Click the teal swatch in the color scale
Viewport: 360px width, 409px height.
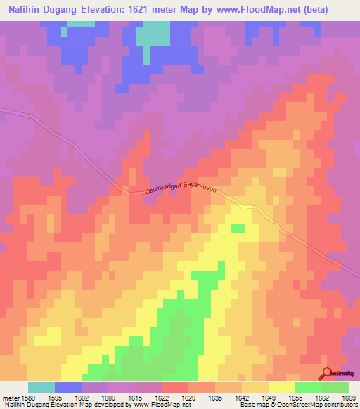(41, 387)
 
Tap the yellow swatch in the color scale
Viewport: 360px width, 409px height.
(281, 387)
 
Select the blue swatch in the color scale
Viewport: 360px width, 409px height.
(68, 387)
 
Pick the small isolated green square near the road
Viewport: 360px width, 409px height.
(238, 228)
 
